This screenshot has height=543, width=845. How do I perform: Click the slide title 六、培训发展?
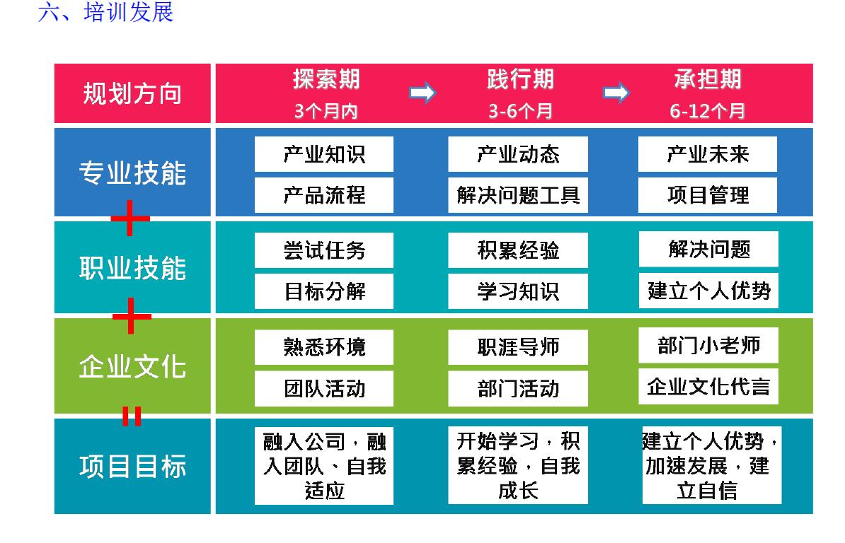[105, 12]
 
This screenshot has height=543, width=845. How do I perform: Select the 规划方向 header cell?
[132, 93]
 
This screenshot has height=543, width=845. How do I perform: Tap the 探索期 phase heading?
[326, 79]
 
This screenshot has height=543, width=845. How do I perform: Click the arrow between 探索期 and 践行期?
[422, 93]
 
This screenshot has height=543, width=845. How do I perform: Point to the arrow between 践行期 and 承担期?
[616, 93]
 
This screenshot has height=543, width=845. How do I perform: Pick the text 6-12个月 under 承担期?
[707, 111]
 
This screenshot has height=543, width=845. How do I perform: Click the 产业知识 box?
[324, 154]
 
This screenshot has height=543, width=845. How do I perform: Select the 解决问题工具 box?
[518, 195]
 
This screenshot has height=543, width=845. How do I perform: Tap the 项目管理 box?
[708, 195]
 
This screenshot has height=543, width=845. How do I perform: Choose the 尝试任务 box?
[324, 250]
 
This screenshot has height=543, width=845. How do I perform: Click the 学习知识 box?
[518, 291]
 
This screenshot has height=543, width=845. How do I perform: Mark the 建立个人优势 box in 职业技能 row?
[708, 291]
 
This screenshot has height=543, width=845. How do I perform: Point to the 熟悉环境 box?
[324, 347]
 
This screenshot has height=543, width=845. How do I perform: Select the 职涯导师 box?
[518, 347]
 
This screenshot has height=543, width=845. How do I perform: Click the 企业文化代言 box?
[708, 387]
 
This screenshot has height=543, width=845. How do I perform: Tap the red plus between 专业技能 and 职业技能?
[130, 218]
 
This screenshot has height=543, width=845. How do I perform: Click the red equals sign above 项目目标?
[132, 416]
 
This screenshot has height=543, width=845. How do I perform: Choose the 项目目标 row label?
[132, 466]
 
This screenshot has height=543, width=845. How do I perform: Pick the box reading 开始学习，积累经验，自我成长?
[518, 465]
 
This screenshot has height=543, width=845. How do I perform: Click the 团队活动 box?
[324, 388]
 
